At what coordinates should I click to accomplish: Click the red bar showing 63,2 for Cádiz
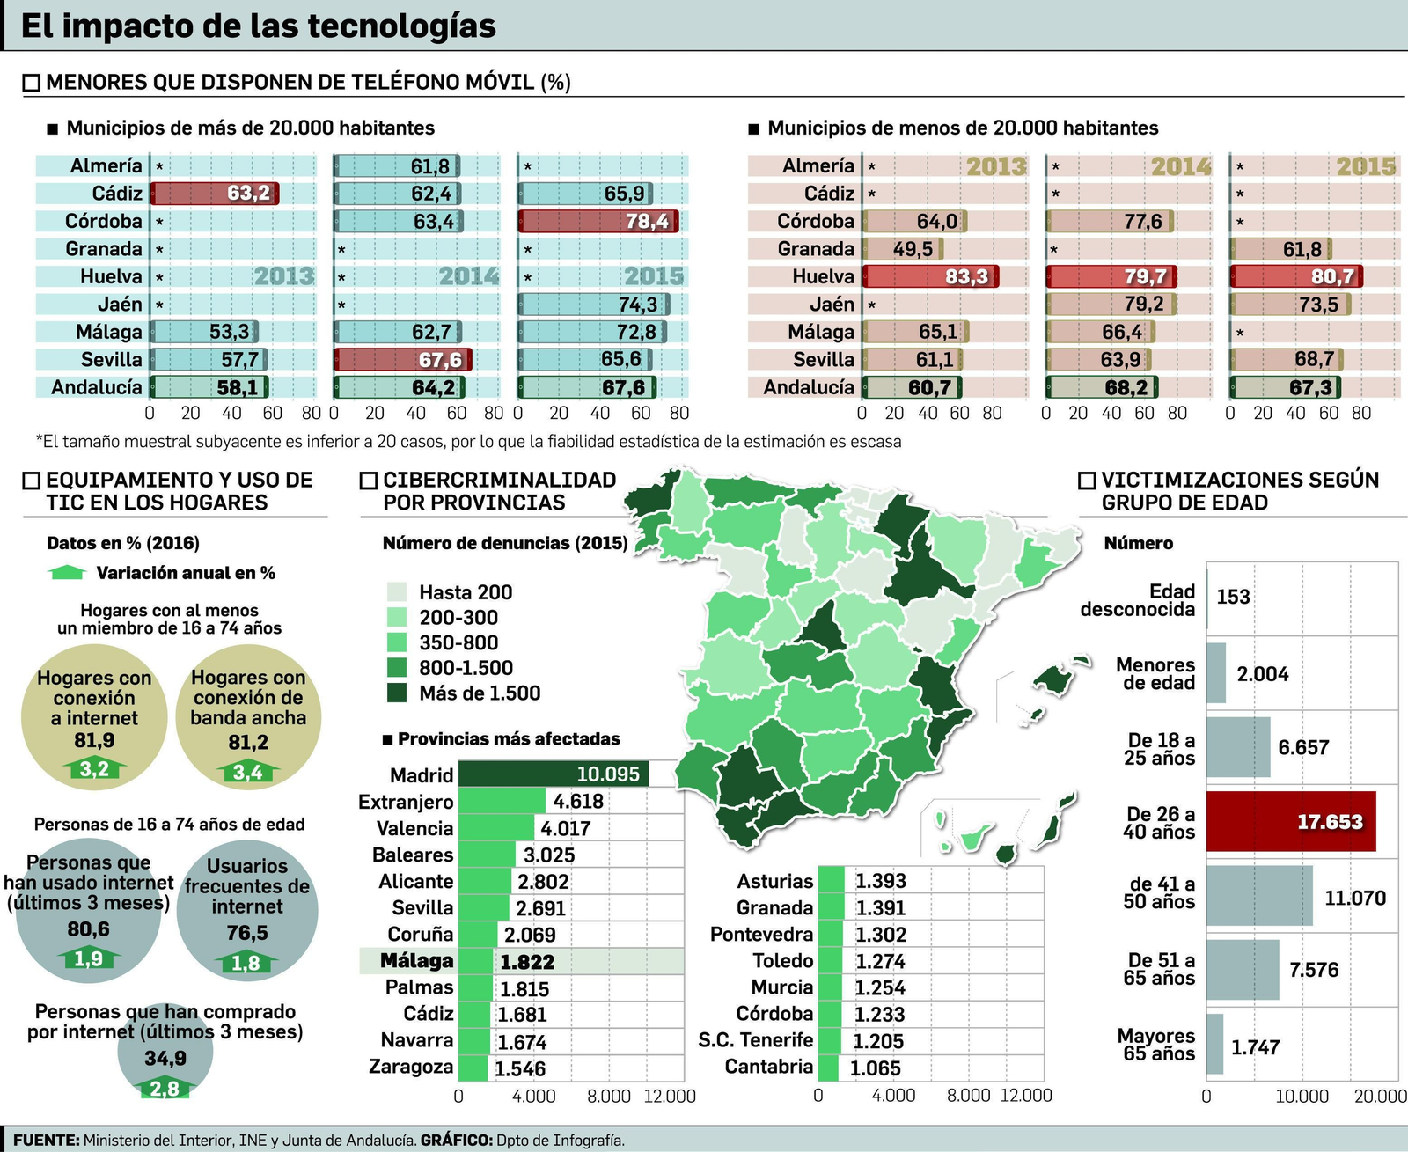click(214, 194)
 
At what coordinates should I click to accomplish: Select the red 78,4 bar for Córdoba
click(598, 221)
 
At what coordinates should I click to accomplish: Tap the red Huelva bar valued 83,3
click(929, 276)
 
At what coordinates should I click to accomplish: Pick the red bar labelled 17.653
click(1290, 821)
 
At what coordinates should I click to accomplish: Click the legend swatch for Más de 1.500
click(397, 693)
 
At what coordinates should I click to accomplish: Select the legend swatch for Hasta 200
click(397, 592)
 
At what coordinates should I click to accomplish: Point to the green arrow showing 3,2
click(94, 770)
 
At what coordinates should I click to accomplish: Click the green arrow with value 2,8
click(165, 1089)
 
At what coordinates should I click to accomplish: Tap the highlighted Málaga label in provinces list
click(416, 961)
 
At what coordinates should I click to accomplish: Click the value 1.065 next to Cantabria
click(876, 1068)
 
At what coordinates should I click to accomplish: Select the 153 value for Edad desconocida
click(1233, 597)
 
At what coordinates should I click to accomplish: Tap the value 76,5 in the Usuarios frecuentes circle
click(247, 933)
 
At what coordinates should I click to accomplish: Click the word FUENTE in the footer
click(46, 1140)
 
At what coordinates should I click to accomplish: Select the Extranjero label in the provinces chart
click(406, 802)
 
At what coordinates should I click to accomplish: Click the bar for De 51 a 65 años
click(1242, 970)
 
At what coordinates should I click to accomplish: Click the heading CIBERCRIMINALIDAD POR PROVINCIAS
click(499, 491)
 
